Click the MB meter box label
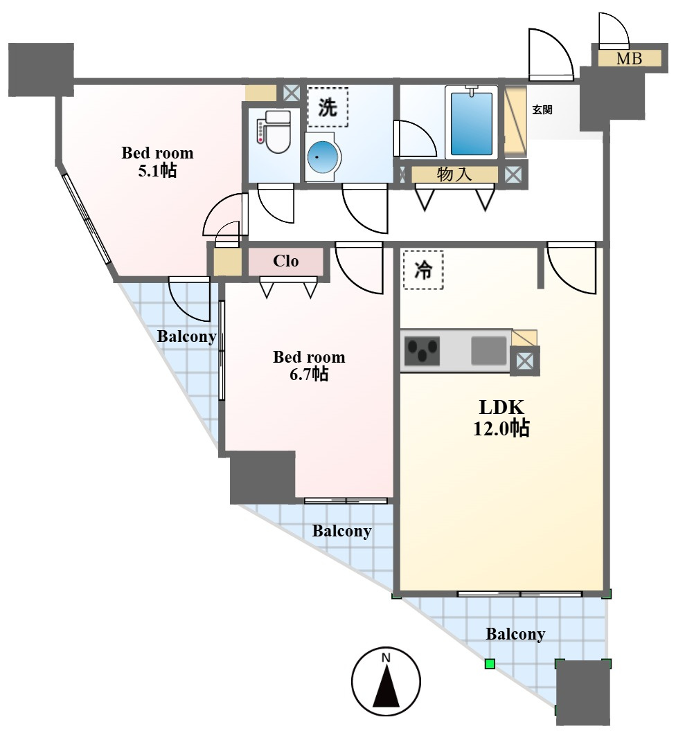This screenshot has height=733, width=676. [x=629, y=59]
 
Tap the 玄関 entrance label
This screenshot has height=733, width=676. [x=542, y=110]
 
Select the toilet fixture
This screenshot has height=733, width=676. [x=274, y=132]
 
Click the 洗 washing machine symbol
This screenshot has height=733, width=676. [x=328, y=107]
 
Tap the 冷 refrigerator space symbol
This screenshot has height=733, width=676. [x=423, y=270]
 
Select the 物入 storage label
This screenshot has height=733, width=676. [x=454, y=174]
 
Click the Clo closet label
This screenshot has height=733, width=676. [x=285, y=261]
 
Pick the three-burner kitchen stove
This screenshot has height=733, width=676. [x=422, y=351]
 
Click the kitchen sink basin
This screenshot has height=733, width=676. [x=489, y=351]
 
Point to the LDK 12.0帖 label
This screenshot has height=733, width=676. [x=501, y=417]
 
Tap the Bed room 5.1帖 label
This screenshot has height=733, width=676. [x=157, y=161]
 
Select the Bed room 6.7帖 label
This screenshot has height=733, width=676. [x=309, y=365]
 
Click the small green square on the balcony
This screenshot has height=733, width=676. [x=490, y=664]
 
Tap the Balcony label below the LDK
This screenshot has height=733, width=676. [x=515, y=634]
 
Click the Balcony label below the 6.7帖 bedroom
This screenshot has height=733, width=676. [x=341, y=532]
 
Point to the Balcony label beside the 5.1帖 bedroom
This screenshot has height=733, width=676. [x=186, y=336]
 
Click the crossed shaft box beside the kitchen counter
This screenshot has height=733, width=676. [x=524, y=361]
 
